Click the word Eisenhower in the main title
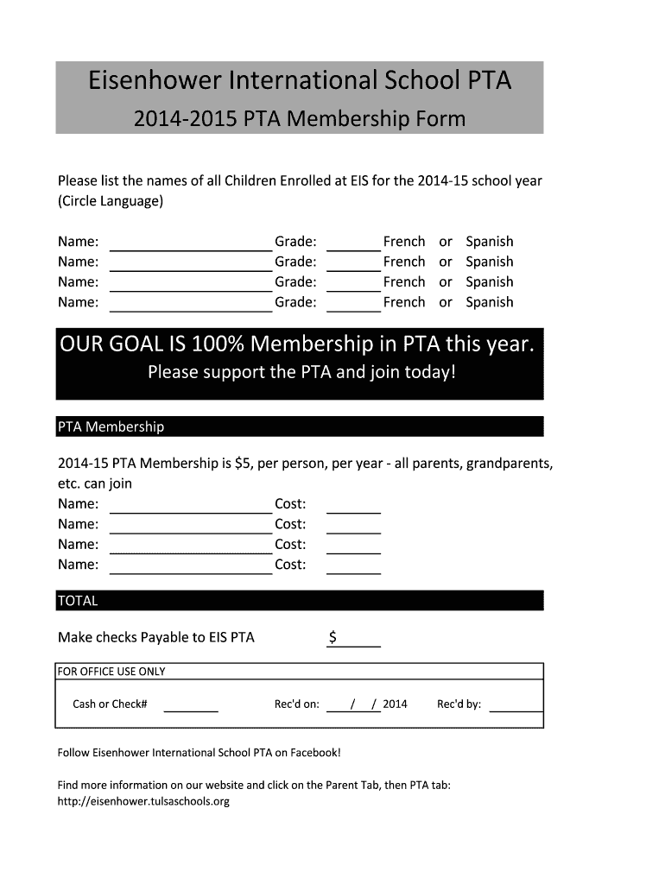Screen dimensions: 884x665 (x=154, y=81)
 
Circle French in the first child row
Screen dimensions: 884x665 (x=404, y=242)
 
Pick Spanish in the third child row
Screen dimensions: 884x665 (x=489, y=282)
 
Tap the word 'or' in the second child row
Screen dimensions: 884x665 (x=446, y=262)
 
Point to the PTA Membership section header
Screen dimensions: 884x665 (x=111, y=426)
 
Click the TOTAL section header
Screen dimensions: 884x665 (x=78, y=601)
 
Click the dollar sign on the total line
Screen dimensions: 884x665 (x=332, y=638)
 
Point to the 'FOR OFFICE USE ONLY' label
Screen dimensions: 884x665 (x=111, y=672)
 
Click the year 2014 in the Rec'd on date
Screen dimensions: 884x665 (x=395, y=704)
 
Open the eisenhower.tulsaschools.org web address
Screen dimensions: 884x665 (x=143, y=801)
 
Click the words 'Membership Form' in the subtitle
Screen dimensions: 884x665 (x=377, y=119)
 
